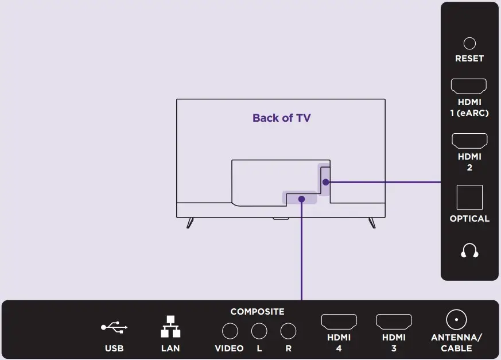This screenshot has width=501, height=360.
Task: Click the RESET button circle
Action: pos(469,43)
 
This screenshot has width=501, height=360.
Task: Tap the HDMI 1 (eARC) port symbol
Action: pos(469,86)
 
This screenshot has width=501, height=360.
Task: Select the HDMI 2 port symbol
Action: pos(469,140)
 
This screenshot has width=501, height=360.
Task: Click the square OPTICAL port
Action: pos(469,198)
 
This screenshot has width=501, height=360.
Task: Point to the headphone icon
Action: pos(469,251)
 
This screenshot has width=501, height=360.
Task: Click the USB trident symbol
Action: pos(114,327)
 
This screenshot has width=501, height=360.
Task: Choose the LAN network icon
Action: pos(170,327)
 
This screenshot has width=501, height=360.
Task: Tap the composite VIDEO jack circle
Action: pos(230,331)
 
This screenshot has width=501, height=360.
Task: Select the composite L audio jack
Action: pos(259,331)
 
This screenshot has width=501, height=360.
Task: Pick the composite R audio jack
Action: pos(288,331)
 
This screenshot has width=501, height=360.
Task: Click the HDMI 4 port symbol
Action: pos(339,321)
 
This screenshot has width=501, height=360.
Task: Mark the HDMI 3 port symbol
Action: pos(394,321)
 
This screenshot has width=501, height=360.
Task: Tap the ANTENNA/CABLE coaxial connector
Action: pos(456,320)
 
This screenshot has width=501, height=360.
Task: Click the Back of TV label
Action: pos(281,118)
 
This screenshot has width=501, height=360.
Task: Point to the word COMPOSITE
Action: pos(257,312)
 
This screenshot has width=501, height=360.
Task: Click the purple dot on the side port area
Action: pos(325,182)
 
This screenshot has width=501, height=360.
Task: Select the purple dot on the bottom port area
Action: pos(301,199)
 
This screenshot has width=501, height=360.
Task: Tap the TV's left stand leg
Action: pos(190,223)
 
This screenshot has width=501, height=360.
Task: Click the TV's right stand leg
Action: pos(372,223)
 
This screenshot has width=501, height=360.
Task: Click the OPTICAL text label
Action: pos(469,219)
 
